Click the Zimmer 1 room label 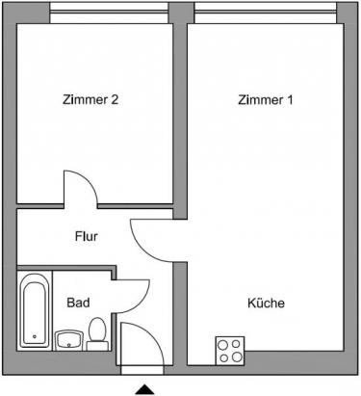pyautogui.click(x=266, y=98)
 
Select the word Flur pyautogui.click(x=87, y=234)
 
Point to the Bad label pyautogui.click(x=78, y=303)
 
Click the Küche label pyautogui.click(x=266, y=303)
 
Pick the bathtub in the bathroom pyautogui.click(x=35, y=310)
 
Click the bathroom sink pyautogui.click(x=68, y=338)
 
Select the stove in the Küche pyautogui.click(x=230, y=349)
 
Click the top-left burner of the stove pyautogui.click(x=223, y=343)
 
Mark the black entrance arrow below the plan pyautogui.click(x=144, y=388)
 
